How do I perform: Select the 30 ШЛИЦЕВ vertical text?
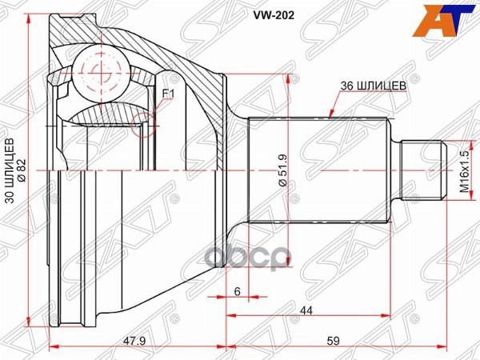[10, 170]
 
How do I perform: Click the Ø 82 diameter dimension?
[23, 170]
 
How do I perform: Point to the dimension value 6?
[238, 292]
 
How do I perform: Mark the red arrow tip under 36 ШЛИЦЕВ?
[330, 118]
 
